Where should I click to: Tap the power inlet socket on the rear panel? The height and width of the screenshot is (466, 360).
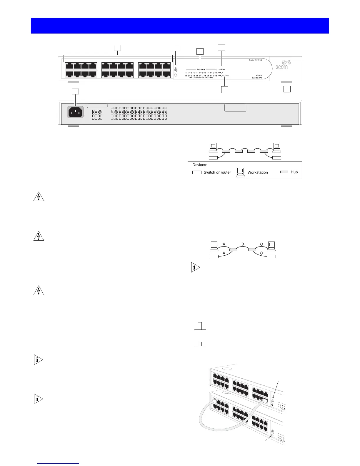[76, 112]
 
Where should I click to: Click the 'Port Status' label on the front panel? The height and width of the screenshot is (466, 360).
[201, 69]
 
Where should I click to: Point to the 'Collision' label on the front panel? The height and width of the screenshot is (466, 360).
[221, 69]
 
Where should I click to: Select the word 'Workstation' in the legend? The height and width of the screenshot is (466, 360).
[258, 172]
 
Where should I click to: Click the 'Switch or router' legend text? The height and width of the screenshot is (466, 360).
[217, 172]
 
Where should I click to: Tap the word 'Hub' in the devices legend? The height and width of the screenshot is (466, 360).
[294, 172]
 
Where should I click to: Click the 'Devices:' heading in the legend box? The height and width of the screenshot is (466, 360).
[200, 165]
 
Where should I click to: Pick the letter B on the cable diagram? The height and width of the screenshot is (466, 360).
[243, 244]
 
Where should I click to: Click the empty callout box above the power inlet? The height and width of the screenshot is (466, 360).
[76, 91]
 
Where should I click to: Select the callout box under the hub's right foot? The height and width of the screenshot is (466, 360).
[287, 89]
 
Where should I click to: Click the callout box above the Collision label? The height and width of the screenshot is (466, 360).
[221, 47]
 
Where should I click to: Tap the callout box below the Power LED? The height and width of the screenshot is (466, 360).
[225, 89]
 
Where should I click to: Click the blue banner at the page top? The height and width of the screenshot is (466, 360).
[180, 26]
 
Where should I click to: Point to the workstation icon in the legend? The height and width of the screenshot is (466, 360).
[241, 172]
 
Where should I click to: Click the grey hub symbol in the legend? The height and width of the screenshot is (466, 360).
[284, 172]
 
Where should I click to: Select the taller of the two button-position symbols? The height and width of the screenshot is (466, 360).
[200, 326]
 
